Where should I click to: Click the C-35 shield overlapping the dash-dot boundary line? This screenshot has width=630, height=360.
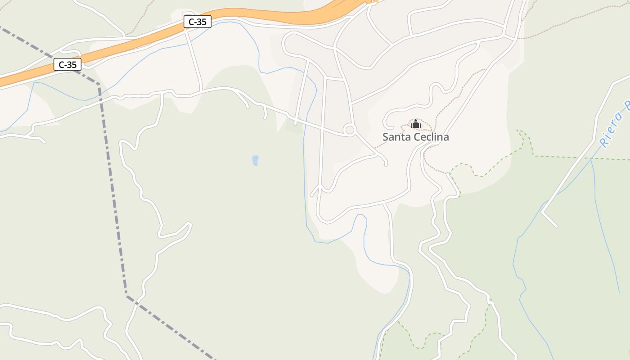pos(67,64)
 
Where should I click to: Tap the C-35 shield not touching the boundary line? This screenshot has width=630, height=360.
pos(197,21)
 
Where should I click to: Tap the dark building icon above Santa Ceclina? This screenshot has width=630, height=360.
pos(416,124)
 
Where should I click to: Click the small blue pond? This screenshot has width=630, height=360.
pos(255,160)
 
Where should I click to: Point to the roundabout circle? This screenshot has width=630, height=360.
pos(350,130)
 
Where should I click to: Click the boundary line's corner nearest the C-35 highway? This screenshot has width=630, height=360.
pos(99,84)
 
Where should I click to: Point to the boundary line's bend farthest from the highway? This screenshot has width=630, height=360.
pos(126,294)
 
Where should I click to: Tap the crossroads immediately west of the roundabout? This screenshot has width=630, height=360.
pos(322,126)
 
